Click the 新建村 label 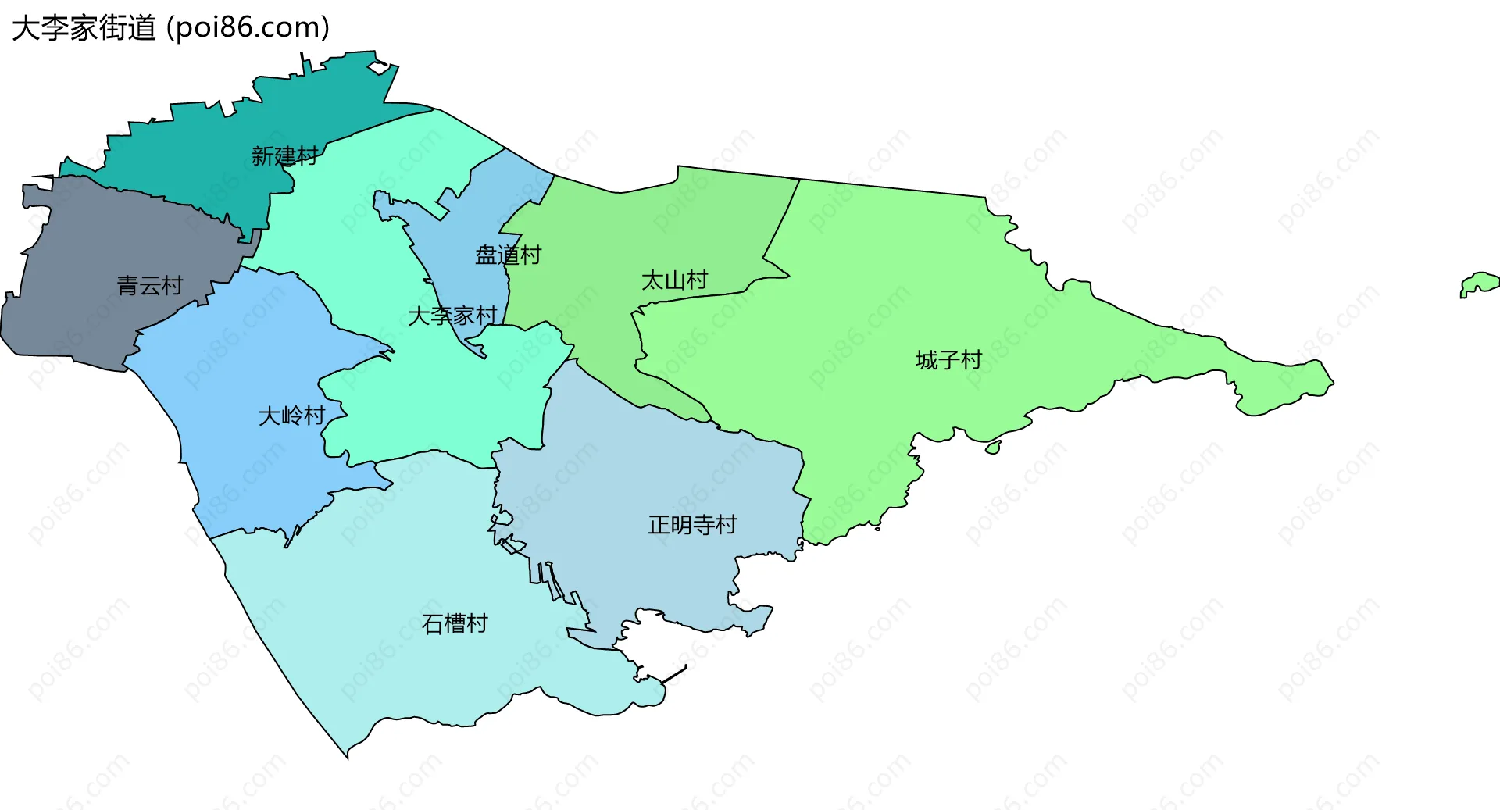click(284, 156)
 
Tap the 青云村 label click(150, 286)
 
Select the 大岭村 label click(291, 416)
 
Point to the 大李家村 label click(452, 316)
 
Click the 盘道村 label click(508, 255)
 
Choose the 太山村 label click(674, 280)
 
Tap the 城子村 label click(948, 360)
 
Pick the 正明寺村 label click(692, 525)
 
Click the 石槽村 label click(455, 623)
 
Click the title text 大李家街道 click(84, 28)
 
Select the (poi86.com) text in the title click(248, 28)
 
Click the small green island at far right click(1479, 284)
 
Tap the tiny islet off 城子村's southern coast click(993, 448)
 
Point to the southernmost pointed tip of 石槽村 click(348, 755)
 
